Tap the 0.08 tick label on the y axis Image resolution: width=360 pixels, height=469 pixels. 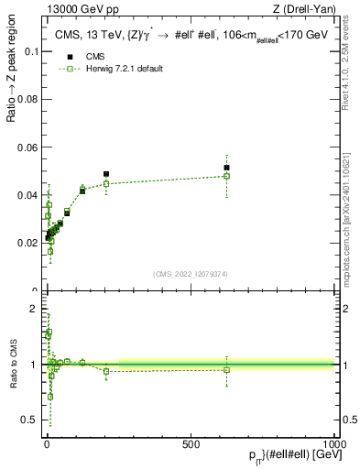pyautogui.click(x=29, y=99)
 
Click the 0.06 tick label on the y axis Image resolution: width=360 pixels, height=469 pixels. pyautogui.click(x=29, y=147)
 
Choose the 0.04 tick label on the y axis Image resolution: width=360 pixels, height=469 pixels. pyautogui.click(x=29, y=195)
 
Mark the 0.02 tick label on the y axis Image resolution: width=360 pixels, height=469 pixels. pyautogui.click(x=29, y=243)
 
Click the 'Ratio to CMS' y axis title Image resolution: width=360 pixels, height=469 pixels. pyautogui.click(x=12, y=365)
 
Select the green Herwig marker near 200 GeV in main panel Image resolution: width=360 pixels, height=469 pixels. pyautogui.click(x=106, y=183)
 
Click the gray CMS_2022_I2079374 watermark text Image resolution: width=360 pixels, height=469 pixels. pyautogui.click(x=190, y=273)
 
